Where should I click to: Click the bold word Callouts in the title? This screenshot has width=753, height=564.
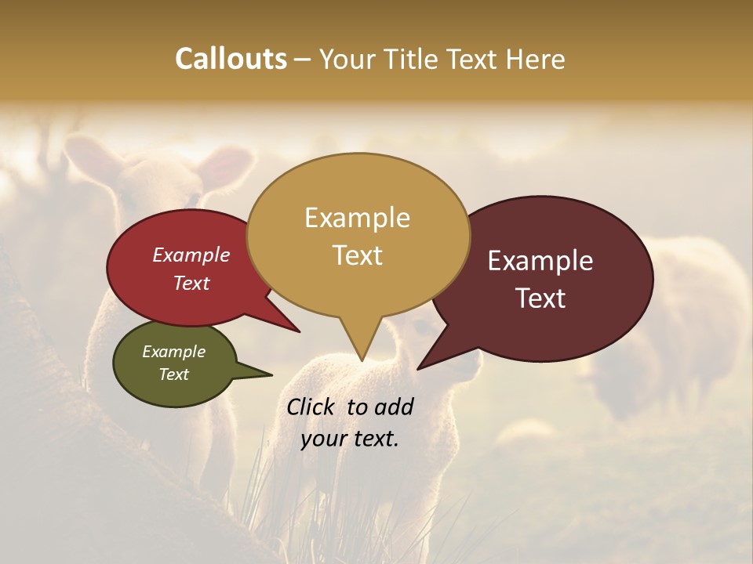point(231,59)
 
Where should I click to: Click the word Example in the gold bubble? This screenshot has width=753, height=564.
point(357,218)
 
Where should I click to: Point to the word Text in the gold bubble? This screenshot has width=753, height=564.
point(357,255)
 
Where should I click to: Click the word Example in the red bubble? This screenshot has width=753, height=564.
point(191,255)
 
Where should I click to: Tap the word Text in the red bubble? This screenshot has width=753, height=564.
point(191,283)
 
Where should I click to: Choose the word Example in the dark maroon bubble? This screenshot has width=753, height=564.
point(540,261)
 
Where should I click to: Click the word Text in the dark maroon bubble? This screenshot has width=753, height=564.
point(540,298)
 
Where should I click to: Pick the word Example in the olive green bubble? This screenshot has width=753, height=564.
point(173,352)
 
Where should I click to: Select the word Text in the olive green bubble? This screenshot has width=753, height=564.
point(173,374)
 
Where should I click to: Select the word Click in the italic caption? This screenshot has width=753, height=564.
point(312,407)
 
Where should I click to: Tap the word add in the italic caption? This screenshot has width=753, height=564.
point(394,407)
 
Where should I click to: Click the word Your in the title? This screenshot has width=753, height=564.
point(346,59)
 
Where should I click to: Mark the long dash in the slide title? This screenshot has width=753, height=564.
point(304,60)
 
